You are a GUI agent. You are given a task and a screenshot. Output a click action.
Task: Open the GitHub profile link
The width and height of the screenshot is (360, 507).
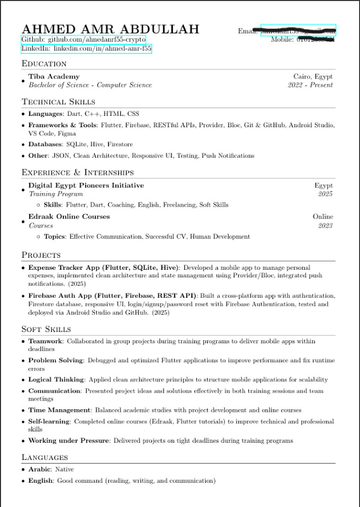pos(84,39)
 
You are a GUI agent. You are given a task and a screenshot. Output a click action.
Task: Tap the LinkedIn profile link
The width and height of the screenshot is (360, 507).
pos(86,49)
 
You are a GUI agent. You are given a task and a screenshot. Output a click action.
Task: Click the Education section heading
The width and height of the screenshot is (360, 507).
pos(44,64)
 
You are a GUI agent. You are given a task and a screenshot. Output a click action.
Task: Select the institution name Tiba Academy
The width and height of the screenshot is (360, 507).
pos(54,76)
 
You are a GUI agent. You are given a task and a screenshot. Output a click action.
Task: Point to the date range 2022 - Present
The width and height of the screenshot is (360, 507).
pos(310,85)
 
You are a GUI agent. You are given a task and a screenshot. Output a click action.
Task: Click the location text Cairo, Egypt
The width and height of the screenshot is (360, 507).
pos(313,77)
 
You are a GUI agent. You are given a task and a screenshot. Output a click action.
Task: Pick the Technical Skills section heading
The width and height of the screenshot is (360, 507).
pos(58,102)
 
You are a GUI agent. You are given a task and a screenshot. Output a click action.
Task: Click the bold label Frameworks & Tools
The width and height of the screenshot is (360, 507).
pos(62,125)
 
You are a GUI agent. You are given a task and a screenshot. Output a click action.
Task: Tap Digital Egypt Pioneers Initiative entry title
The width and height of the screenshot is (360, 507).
pos(86,186)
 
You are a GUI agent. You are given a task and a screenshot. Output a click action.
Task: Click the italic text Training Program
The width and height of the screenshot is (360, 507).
pos(56,194)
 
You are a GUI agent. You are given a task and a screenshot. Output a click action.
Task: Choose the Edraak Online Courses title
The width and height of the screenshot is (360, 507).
pos(69,216)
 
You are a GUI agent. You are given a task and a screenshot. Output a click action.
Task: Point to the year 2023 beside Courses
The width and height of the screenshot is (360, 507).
pos(325,226)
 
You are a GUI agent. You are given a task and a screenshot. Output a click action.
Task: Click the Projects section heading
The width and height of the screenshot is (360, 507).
pos(41,255)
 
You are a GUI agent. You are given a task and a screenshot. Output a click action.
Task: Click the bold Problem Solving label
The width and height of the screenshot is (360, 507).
pos(56,360)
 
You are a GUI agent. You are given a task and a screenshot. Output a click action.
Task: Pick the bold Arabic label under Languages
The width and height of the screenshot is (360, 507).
pos(40,469)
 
